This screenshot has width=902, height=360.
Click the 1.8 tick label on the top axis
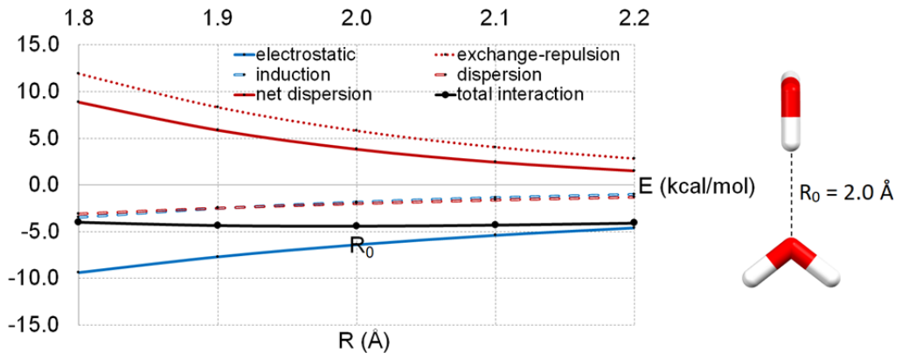coord(79,17)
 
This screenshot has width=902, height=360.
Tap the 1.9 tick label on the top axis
coord(218,17)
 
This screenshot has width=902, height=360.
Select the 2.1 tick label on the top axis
coord(494,17)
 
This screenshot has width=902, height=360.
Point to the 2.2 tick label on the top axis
coord(634,17)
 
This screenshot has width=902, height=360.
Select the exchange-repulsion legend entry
coord(526,55)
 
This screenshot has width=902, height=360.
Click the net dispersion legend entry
coord(302,93)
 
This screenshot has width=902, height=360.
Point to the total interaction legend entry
coord(509,93)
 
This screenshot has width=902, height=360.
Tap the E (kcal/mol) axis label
coord(696,187)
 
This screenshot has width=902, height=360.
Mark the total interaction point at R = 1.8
coord(79,222)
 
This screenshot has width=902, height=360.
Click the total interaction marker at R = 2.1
coord(494,225)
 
